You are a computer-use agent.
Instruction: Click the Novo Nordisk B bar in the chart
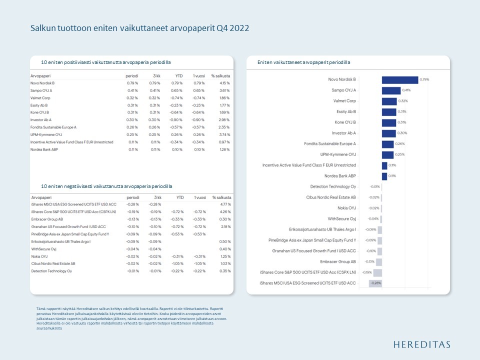tap(399, 79)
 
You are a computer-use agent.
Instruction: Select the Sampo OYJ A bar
tap(391, 90)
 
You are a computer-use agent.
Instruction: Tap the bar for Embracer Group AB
tap(379, 261)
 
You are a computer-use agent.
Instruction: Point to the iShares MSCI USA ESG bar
tap(375, 283)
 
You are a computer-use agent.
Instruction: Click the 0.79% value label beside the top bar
tap(424, 79)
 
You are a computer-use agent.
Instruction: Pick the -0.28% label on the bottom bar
tap(375, 283)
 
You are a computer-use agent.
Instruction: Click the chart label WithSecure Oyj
tap(342, 218)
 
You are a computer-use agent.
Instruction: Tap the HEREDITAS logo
tap(421, 344)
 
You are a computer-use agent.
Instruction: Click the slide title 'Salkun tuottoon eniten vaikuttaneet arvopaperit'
tap(139, 28)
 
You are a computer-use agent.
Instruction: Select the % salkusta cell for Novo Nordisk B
tap(224, 83)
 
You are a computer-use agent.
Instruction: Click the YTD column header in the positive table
tap(178, 75)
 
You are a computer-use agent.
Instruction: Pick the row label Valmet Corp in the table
tap(40, 98)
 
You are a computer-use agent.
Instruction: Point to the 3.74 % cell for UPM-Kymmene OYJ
tap(224, 134)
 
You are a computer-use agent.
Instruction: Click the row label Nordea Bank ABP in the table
tap(44, 149)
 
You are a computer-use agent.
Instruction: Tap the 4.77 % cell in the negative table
tap(225, 204)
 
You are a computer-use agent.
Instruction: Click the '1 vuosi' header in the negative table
tap(199, 197)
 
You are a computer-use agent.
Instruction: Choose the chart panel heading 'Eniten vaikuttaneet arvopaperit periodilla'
tap(303, 62)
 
